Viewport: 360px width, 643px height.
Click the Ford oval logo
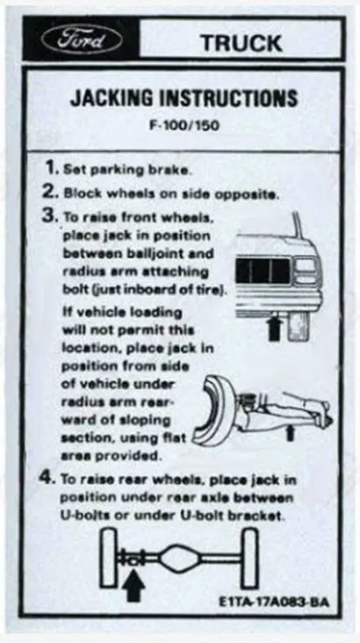(x=82, y=39)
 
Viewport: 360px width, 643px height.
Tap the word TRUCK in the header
(x=241, y=43)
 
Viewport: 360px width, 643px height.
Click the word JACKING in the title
(x=111, y=98)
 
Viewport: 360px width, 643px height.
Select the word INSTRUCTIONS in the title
(x=228, y=98)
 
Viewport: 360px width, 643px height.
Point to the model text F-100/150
(x=184, y=125)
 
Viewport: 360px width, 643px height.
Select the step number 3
(x=50, y=216)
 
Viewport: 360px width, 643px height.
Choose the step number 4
(x=47, y=477)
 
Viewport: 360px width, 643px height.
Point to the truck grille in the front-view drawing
(x=263, y=271)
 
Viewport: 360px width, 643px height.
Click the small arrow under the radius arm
(x=290, y=433)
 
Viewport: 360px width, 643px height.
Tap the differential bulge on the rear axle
(x=179, y=558)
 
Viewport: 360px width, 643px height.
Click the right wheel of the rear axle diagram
(x=250, y=558)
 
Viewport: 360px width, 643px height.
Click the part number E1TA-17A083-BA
(x=274, y=601)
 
